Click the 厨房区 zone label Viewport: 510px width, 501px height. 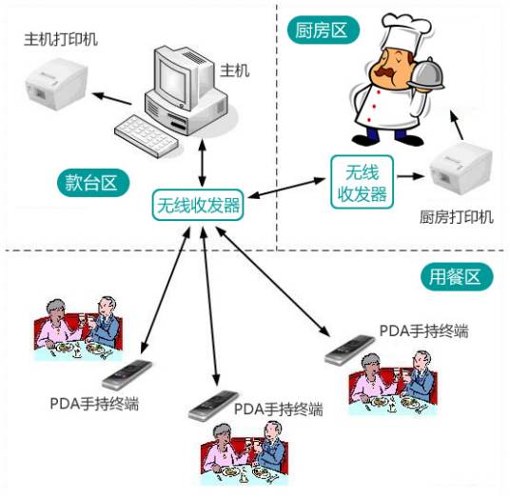[x=322, y=30]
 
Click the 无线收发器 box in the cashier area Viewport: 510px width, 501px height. [x=198, y=205]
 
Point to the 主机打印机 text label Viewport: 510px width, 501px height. [x=62, y=40]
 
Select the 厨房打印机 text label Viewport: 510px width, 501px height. [x=456, y=217]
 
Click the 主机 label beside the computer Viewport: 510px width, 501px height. [x=234, y=70]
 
